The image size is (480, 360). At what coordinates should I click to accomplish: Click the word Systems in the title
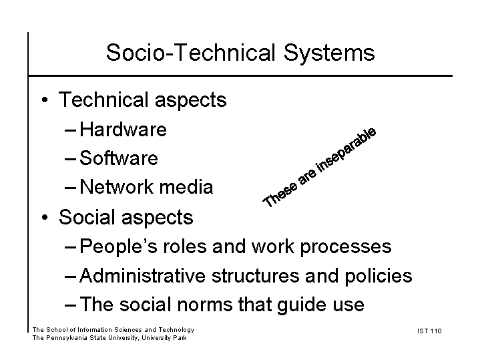(329, 53)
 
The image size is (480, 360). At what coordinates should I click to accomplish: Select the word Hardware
(123, 130)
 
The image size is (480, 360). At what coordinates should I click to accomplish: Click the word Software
(119, 158)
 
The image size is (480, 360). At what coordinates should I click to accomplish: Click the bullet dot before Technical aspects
(45, 100)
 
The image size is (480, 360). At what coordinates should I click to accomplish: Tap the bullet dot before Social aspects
(45, 217)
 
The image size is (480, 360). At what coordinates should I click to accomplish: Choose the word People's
(118, 246)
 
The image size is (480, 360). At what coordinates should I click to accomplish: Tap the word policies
(379, 277)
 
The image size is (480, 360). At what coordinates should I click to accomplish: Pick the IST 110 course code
(429, 331)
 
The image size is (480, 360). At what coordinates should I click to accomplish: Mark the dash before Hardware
(70, 130)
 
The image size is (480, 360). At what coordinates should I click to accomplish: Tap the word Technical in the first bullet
(103, 100)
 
